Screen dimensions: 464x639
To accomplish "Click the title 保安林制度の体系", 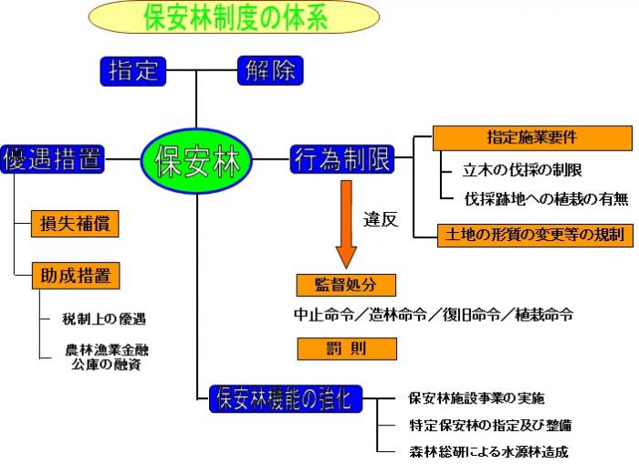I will (235, 16).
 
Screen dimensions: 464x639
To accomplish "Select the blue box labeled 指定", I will (134, 70).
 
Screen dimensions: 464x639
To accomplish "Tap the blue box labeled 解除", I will (269, 70).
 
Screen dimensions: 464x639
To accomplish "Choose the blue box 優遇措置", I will (53, 158).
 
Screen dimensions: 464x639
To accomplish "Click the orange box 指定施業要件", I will (532, 138).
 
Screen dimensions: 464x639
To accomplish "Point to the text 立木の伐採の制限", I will (523, 170).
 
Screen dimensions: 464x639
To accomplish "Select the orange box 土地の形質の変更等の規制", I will (534, 235).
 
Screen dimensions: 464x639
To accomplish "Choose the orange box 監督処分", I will (347, 285).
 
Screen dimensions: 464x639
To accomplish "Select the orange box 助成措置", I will (76, 275).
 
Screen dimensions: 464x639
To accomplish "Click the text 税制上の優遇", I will (106, 319).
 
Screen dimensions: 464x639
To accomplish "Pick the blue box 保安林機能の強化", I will (286, 398).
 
